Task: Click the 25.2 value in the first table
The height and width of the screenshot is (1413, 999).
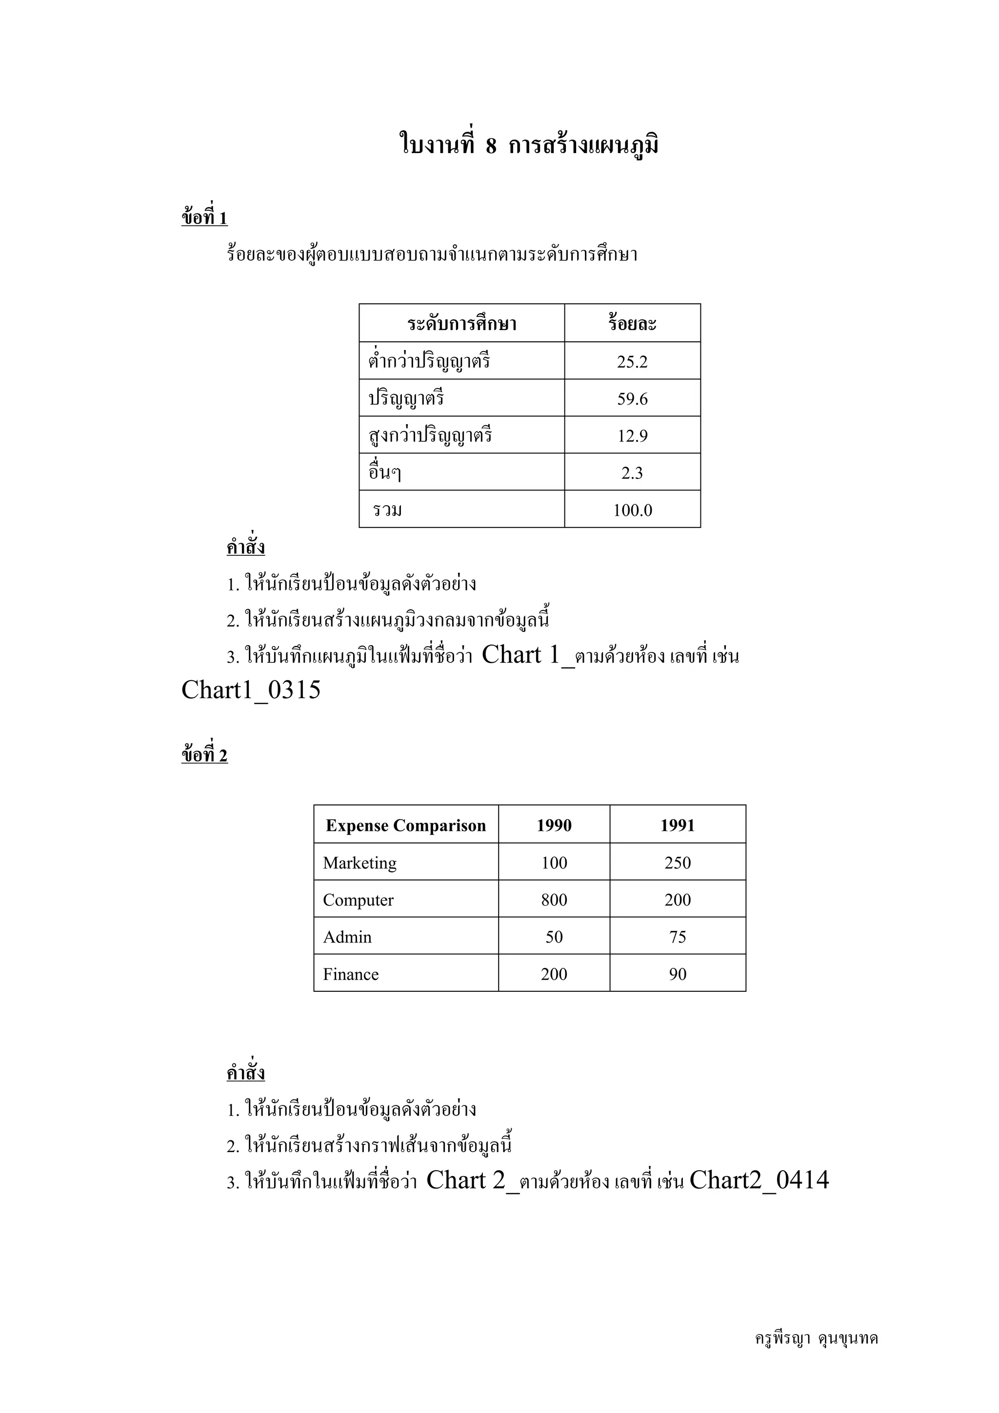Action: pyautogui.click(x=632, y=361)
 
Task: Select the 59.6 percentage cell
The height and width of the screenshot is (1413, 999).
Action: pyautogui.click(x=632, y=399)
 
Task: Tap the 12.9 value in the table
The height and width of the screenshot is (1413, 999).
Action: pyautogui.click(x=632, y=436)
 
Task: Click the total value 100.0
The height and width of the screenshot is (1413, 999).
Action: pyautogui.click(x=632, y=510)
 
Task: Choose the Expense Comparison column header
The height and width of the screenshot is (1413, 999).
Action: pyautogui.click(x=406, y=825)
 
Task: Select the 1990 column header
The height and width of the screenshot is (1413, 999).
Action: pyautogui.click(x=554, y=825)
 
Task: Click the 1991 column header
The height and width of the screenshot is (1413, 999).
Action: pyautogui.click(x=677, y=825)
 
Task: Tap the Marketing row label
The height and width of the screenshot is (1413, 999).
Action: pyautogui.click(x=360, y=863)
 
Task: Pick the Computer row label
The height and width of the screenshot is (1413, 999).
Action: pyautogui.click(x=358, y=900)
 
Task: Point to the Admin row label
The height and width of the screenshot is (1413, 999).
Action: pyautogui.click(x=347, y=937)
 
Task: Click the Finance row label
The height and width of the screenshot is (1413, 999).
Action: pyautogui.click(x=351, y=974)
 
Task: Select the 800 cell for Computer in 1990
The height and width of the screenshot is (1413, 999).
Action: pyautogui.click(x=554, y=900)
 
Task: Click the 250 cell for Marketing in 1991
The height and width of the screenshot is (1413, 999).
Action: pyautogui.click(x=677, y=863)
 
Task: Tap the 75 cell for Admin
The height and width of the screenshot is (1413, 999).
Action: pyautogui.click(x=677, y=937)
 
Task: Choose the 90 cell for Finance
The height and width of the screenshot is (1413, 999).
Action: pyautogui.click(x=677, y=974)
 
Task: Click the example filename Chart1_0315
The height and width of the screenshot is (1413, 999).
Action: pyautogui.click(x=251, y=690)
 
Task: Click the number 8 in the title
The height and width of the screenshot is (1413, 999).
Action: pyautogui.click(x=491, y=146)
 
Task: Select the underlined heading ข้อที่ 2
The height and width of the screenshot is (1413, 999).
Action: pyautogui.click(x=204, y=755)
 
